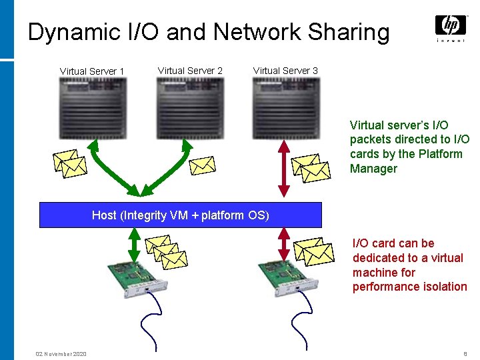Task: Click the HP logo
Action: click(x=451, y=29)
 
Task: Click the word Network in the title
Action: click(x=257, y=31)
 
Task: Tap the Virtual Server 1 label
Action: click(x=92, y=71)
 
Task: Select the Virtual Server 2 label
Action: click(x=190, y=71)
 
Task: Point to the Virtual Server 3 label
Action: click(x=285, y=71)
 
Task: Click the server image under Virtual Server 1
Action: click(x=93, y=108)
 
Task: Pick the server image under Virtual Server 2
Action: click(x=190, y=108)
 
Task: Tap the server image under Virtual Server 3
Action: click(x=286, y=108)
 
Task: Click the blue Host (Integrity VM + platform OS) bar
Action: click(x=181, y=215)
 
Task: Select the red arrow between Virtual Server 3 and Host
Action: click(x=284, y=169)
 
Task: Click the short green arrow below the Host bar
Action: click(x=134, y=245)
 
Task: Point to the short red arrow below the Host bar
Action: click(x=284, y=244)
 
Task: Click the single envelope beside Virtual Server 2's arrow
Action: click(x=203, y=165)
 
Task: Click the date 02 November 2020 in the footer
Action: click(x=61, y=354)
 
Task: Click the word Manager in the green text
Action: click(x=373, y=169)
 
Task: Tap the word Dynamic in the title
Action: click(x=74, y=33)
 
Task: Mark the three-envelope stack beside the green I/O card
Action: click(x=166, y=252)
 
